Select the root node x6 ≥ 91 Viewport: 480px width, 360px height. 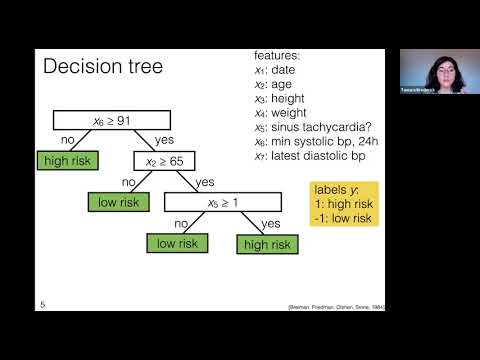click(x=99, y=121)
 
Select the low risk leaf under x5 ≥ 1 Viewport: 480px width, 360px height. click(x=177, y=243)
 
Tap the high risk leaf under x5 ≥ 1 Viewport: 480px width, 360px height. click(x=267, y=243)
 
